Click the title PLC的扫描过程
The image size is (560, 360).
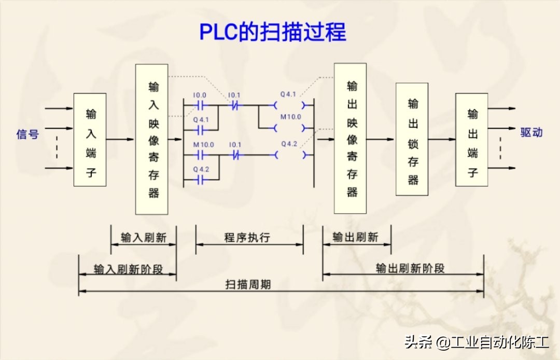(x=273, y=32)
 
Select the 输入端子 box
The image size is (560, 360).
(x=90, y=140)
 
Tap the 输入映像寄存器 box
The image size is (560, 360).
(x=151, y=139)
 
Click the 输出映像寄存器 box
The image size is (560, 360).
(x=350, y=139)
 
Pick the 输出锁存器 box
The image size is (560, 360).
(x=412, y=139)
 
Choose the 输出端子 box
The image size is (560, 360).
(x=471, y=140)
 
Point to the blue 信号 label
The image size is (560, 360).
(x=27, y=134)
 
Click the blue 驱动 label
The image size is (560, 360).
(x=531, y=132)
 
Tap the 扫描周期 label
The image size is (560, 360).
(x=248, y=285)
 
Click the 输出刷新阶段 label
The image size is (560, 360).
(x=410, y=268)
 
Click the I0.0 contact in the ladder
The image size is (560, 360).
(x=200, y=104)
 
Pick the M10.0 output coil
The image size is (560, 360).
(x=288, y=127)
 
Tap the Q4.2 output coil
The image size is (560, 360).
(x=288, y=154)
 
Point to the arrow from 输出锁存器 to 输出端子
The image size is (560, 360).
(x=442, y=140)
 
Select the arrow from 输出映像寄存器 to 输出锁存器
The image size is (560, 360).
(x=381, y=139)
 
